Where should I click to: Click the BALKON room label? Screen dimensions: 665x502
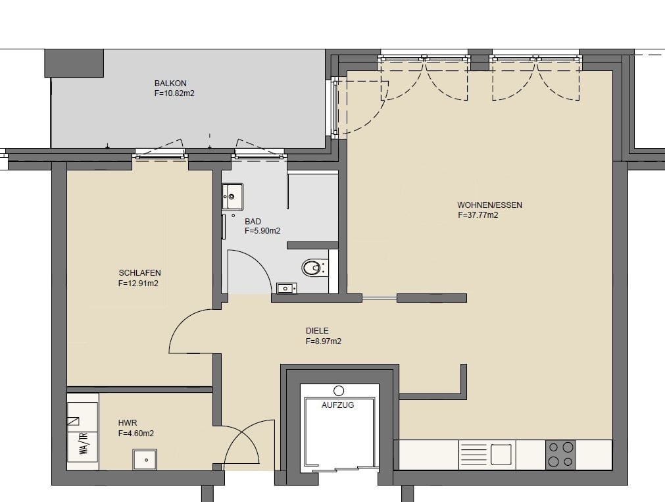tap(170, 83)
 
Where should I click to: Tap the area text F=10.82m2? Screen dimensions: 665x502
tap(174, 93)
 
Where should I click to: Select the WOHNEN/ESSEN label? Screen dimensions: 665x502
tap(489, 205)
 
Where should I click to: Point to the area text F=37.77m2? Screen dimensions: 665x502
tap(478, 215)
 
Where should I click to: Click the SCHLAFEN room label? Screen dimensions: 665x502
tap(139, 273)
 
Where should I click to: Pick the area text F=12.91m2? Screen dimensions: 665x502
tap(138, 284)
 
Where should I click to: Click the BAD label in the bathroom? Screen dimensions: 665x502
tap(253, 221)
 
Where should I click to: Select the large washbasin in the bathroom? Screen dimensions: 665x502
tap(232, 196)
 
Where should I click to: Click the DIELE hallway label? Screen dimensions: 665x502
tap(317, 330)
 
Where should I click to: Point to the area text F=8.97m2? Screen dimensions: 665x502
tap(324, 341)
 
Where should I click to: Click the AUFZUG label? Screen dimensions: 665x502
tap(337, 405)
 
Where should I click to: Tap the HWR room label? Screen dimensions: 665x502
tap(127, 423)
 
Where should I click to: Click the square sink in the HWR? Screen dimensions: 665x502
tap(145, 460)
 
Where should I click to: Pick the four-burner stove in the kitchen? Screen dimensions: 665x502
tap(560, 455)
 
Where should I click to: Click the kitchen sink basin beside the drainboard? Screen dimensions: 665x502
tap(501, 455)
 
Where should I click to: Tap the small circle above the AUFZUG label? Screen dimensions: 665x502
tap(339, 390)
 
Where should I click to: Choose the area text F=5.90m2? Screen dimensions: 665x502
tap(262, 232)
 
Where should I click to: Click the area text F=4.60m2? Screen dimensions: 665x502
tap(135, 434)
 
